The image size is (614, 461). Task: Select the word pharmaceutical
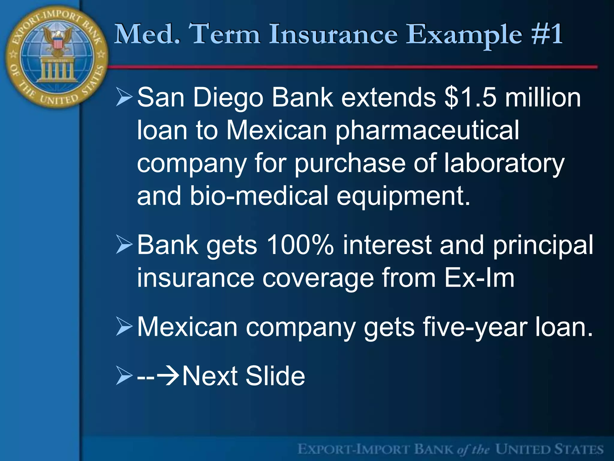[x=427, y=131]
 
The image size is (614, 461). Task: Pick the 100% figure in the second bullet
[x=300, y=245]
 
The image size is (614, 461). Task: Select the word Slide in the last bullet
[x=275, y=376]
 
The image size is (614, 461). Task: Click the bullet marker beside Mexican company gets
[x=124, y=327]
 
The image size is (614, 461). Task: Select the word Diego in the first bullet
[x=228, y=98]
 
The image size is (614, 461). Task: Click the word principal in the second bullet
[x=543, y=245]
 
